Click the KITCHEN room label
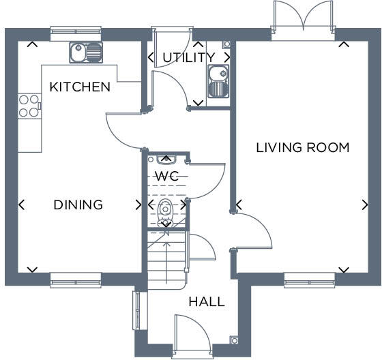click(x=80, y=87)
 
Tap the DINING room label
click(x=78, y=205)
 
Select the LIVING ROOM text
click(x=303, y=147)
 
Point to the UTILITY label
click(x=188, y=58)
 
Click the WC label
click(x=166, y=177)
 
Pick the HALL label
click(x=206, y=301)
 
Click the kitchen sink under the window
click(x=85, y=51)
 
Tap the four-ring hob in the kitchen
click(x=29, y=106)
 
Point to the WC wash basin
click(x=166, y=160)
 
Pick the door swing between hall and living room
click(x=254, y=232)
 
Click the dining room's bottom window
click(x=76, y=277)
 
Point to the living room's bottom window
click(x=309, y=277)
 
